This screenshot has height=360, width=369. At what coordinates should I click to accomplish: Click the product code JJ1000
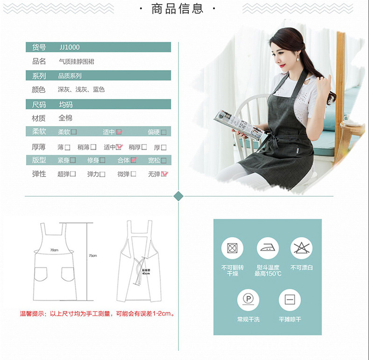click(70, 47)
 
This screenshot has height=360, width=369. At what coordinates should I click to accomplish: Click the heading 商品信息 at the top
click(177, 8)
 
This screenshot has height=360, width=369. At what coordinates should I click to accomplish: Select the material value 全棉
click(65, 118)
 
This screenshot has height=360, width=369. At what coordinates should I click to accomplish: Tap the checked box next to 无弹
click(165, 174)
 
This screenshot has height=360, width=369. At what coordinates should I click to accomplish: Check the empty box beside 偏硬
click(164, 132)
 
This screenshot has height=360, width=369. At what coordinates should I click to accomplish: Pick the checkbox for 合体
click(134, 160)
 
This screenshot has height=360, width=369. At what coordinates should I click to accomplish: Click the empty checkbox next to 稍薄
click(93, 147)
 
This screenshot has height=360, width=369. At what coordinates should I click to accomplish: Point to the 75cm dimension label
click(92, 256)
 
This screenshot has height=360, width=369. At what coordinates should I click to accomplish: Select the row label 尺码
click(39, 104)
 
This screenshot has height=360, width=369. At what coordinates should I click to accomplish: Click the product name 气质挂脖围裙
click(76, 61)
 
